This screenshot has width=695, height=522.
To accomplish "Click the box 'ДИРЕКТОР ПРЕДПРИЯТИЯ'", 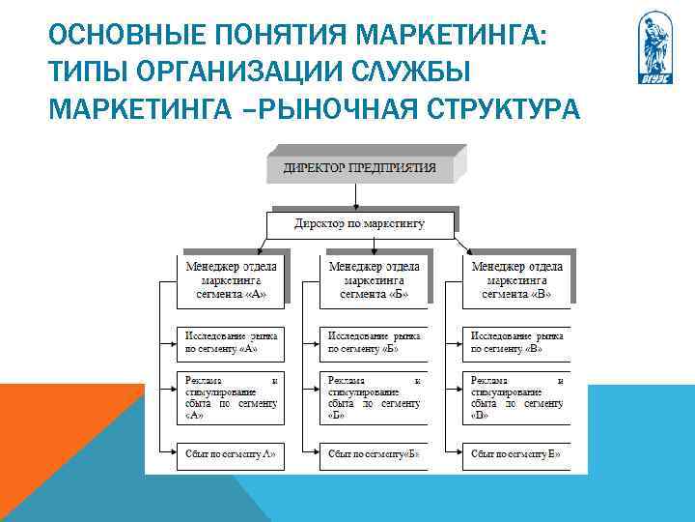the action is pyautogui.click(x=359, y=167).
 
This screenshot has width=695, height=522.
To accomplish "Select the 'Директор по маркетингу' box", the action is pyautogui.click(x=359, y=224).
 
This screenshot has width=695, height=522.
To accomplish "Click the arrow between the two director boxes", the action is pyautogui.click(x=359, y=196).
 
